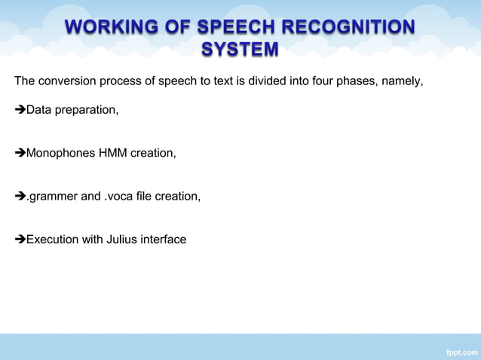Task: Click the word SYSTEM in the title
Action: (240, 50)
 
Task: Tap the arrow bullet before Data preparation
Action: (20, 111)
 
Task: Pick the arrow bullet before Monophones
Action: (20, 154)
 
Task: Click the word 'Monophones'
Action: (60, 154)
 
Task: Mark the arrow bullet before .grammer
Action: (20, 197)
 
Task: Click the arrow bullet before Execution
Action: (20, 239)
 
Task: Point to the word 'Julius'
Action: (121, 239)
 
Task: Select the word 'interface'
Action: (163, 239)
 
